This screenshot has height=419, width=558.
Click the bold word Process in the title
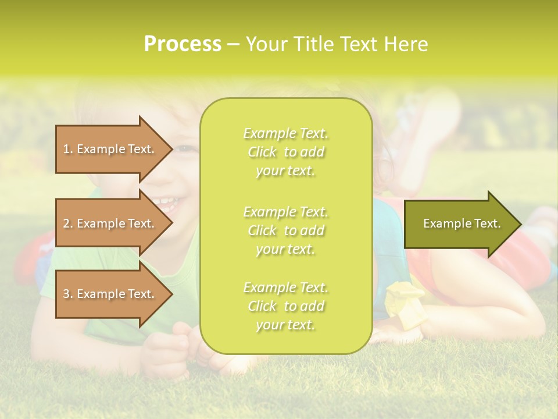point(183,44)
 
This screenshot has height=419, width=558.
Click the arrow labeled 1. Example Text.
point(110,149)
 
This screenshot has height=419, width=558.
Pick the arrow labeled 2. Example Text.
point(110,223)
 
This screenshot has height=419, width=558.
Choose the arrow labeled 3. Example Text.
point(110,294)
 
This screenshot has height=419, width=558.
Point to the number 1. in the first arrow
point(68,149)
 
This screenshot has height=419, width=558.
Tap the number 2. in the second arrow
point(68,223)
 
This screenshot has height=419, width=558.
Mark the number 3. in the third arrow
point(68,294)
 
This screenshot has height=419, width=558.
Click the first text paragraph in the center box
point(285,152)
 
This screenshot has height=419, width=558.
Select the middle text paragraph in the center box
point(285,230)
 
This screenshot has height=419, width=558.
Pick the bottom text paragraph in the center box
point(285,306)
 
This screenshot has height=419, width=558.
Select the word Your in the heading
point(266,44)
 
